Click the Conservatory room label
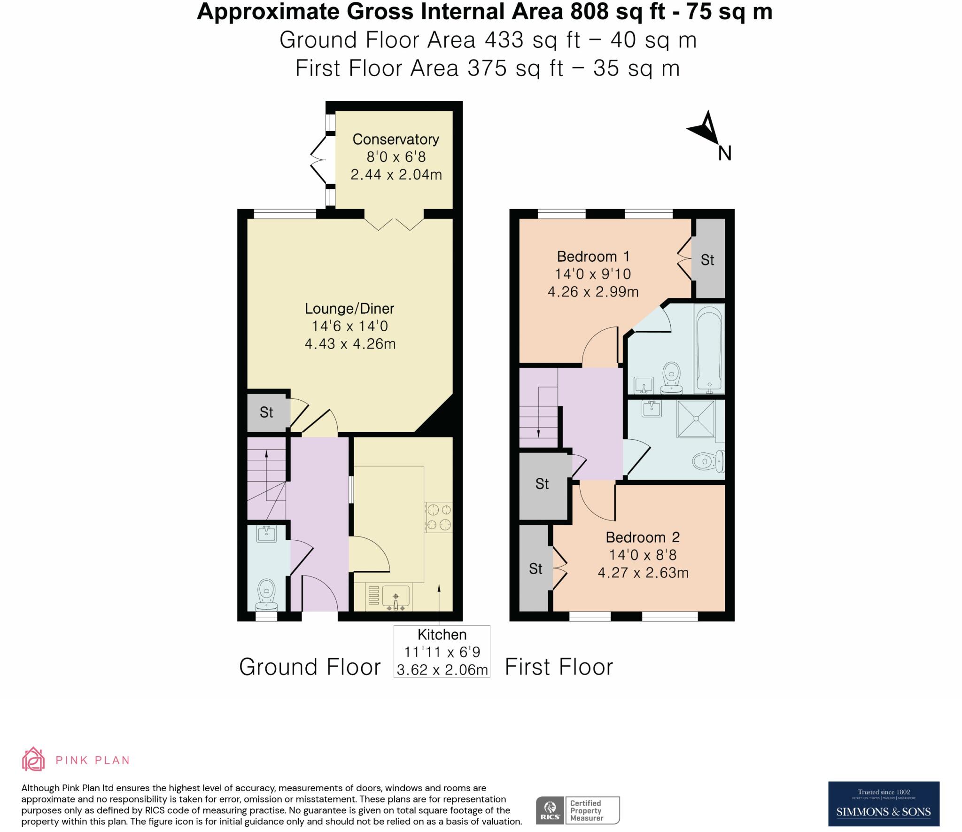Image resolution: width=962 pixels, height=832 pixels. click(x=396, y=140)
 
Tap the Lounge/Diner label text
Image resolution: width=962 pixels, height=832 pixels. click(x=349, y=309)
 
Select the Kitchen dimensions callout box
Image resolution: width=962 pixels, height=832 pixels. click(x=442, y=651)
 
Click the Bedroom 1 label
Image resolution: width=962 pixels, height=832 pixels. click(x=593, y=257)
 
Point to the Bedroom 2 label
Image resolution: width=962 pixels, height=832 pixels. click(x=642, y=537)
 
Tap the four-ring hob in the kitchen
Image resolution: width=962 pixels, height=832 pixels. click(x=439, y=517)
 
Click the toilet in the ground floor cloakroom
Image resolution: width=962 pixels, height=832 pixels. click(x=267, y=593)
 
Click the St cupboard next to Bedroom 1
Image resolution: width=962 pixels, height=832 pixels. click(x=708, y=260)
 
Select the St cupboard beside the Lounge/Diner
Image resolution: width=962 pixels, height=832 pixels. click(x=266, y=412)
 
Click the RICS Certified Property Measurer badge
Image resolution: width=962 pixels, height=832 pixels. click(x=578, y=810)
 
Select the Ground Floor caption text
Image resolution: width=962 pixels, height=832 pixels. click(x=310, y=667)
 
